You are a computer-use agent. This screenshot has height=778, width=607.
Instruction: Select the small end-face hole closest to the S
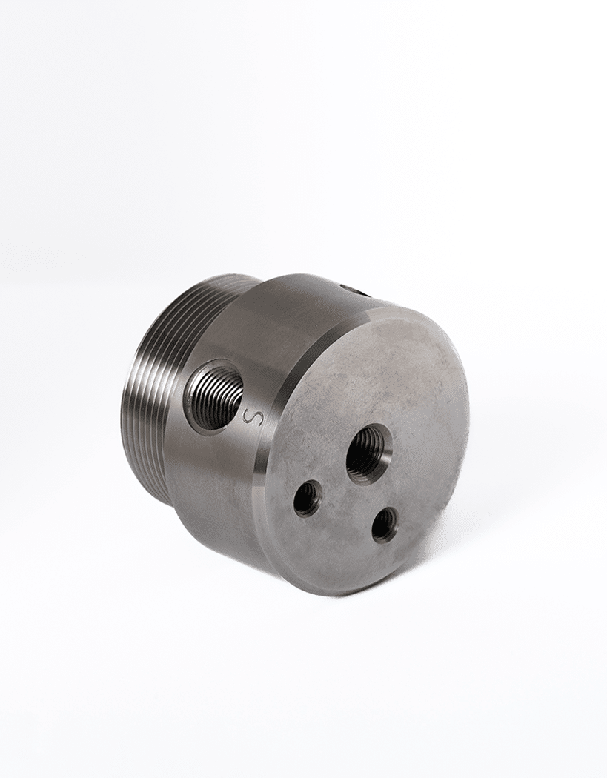(x=308, y=501)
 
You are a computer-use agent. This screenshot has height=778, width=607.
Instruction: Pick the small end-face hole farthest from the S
(x=385, y=523)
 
